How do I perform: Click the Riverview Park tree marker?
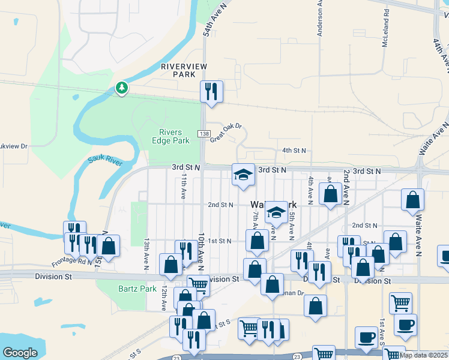[122, 88]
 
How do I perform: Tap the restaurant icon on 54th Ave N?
[211, 91]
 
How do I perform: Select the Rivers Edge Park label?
[174, 137]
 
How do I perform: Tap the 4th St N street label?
[295, 151]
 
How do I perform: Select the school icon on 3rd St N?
[243, 175]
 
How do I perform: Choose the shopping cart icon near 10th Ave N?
[198, 284]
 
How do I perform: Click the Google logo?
[20, 353]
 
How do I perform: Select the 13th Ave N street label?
[146, 253]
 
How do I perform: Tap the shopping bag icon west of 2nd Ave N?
[330, 194]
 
